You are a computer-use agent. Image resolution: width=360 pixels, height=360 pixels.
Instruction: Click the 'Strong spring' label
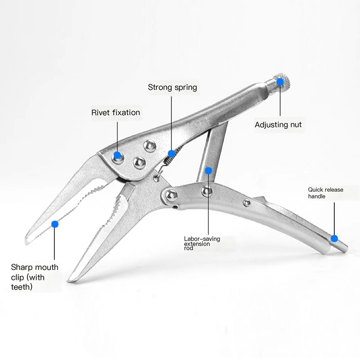click(x=172, y=87)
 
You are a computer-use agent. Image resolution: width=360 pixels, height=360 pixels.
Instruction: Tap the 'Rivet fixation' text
click(x=116, y=112)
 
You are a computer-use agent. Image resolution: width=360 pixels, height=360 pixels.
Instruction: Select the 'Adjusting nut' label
click(x=278, y=125)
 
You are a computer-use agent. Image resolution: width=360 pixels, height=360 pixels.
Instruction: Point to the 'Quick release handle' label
click(x=325, y=193)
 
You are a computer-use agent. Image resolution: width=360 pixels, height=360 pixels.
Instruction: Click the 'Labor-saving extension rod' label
click(x=202, y=243)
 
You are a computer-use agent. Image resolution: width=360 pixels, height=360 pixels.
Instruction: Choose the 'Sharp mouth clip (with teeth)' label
click(x=35, y=277)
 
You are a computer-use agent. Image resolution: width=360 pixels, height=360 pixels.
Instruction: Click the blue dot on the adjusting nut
click(x=280, y=82)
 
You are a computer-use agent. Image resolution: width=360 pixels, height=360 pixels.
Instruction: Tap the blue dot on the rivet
click(x=117, y=155)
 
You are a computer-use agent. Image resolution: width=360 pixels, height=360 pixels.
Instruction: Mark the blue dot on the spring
click(x=171, y=153)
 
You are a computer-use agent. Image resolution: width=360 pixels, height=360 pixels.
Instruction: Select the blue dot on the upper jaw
click(x=54, y=224)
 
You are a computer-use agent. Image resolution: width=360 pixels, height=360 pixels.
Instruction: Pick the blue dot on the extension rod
click(x=208, y=171)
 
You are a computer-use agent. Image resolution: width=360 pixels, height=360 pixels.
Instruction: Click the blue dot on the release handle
click(x=334, y=238)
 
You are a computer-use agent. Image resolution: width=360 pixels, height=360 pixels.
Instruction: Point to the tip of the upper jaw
click(x=27, y=243)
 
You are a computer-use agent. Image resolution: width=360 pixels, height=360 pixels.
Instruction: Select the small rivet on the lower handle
click(x=247, y=202)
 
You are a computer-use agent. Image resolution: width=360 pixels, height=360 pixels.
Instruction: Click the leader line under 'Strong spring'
click(x=171, y=123)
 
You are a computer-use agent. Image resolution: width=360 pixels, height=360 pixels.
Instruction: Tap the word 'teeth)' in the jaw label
click(x=22, y=287)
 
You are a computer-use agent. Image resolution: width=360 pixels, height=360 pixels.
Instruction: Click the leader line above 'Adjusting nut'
click(x=280, y=100)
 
